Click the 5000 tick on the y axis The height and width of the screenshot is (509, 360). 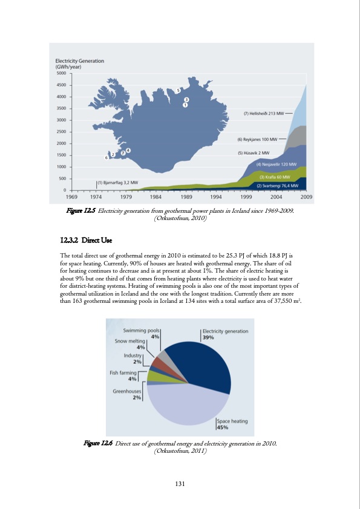coord(61,73)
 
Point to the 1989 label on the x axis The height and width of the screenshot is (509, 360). coord(186,196)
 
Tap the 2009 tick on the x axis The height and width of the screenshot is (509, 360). coord(306,196)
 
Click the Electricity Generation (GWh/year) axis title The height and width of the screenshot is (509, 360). coord(79,63)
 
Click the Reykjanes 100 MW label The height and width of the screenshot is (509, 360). coord(257,138)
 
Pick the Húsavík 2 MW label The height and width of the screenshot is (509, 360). coord(254,153)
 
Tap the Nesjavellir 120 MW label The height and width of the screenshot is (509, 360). coord(276,164)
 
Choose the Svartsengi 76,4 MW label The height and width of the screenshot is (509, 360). coord(279,185)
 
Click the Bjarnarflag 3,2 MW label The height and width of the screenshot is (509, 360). coord(117,182)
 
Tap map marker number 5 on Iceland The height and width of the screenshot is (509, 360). coord(178,91)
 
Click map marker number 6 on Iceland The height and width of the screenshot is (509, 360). coord(106,157)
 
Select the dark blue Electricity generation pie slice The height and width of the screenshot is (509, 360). coord(200,363)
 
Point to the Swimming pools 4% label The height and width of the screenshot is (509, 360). coord(142,333)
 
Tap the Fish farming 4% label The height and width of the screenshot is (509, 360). coord(123,375)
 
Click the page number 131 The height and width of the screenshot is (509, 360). coord(180,482)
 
